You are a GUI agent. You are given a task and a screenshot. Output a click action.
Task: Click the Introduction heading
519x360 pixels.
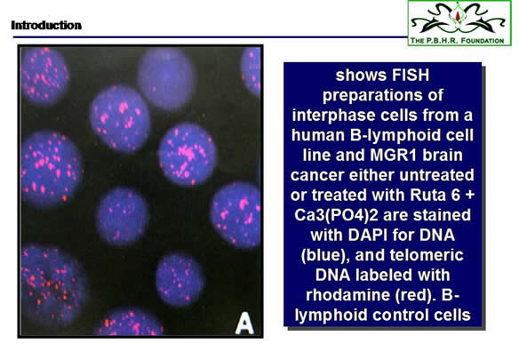point(46,25)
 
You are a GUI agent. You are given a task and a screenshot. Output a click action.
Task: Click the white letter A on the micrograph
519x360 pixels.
point(244,324)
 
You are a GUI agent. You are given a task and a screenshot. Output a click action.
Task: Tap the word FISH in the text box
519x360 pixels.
point(411,76)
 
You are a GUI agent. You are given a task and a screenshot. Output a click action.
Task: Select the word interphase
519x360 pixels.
point(333,116)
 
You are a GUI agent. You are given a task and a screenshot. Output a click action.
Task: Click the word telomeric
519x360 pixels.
point(427,255)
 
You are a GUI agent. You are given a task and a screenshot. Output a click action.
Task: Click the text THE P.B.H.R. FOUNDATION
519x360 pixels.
point(457,41)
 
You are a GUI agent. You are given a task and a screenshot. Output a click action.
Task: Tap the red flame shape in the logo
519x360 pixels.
point(458,16)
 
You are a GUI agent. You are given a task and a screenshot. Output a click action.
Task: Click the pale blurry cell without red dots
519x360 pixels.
point(166,78)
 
